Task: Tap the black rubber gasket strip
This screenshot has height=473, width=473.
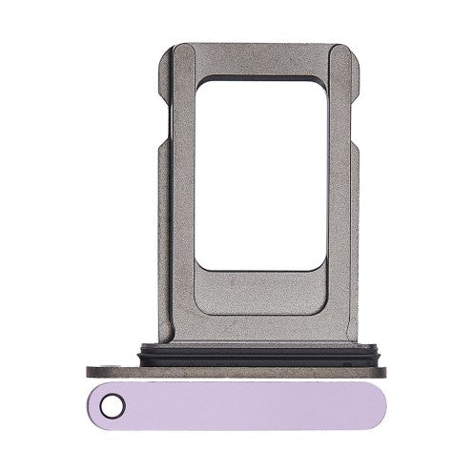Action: [236, 359]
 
